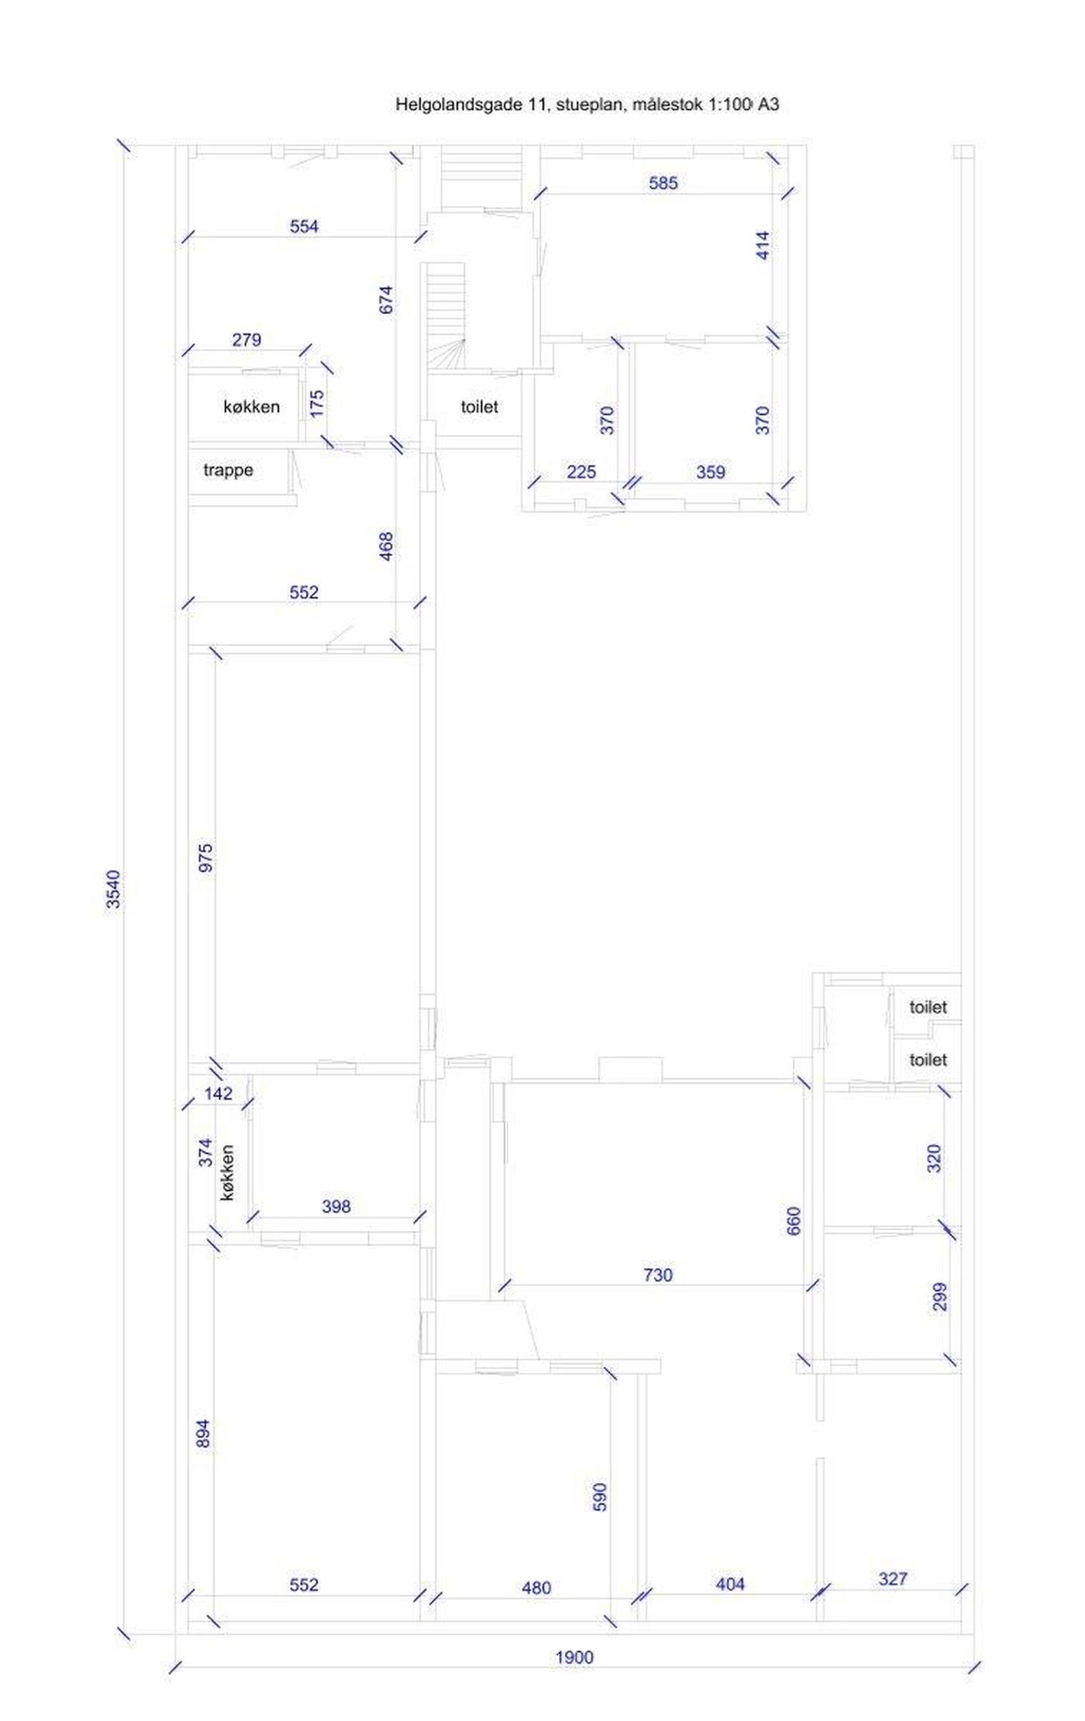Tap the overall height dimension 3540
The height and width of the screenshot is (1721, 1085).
(113, 889)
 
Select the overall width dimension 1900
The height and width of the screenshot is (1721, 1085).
(574, 1657)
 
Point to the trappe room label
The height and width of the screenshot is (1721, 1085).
(228, 471)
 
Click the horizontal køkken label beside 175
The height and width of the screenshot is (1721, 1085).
(251, 407)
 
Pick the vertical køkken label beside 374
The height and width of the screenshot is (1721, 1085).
(227, 1173)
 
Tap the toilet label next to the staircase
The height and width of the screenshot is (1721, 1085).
(479, 407)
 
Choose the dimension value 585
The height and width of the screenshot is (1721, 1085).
(663, 183)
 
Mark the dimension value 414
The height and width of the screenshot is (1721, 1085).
(763, 245)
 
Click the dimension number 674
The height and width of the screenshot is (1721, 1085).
(386, 300)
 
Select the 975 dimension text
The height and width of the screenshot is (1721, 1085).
(206, 858)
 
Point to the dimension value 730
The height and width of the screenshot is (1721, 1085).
(658, 1275)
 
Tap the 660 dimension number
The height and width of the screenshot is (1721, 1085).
(794, 1221)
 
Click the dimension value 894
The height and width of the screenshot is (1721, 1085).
(203, 1433)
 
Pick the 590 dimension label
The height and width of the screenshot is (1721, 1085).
(600, 1497)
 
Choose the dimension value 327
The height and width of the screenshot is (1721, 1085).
(893, 1579)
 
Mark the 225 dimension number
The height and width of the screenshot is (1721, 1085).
(581, 472)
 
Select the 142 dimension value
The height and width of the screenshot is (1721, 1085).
(219, 1094)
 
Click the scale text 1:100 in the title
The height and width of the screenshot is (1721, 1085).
(728, 105)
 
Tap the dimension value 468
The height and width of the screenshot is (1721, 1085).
(386, 547)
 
